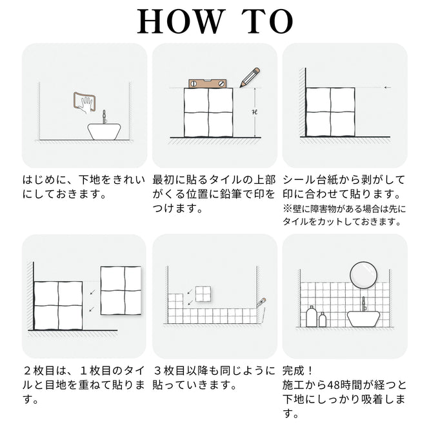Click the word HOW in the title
pyautogui.click(x=180, y=21)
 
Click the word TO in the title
pyautogui.click(x=267, y=21)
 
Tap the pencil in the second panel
pyautogui.click(x=250, y=77)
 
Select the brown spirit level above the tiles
pyautogui.click(x=208, y=83)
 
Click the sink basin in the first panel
pyautogui.click(x=104, y=132)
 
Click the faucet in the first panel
pyautogui.click(x=104, y=117)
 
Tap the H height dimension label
pyautogui.click(x=255, y=112)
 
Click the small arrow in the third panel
pyautogui.click(x=388, y=88)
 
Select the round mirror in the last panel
pyautogui.click(x=363, y=275)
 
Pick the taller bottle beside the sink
pyautogui.click(x=311, y=316)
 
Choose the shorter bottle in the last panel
pyautogui.click(x=323, y=319)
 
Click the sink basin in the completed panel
pyautogui.click(x=363, y=319)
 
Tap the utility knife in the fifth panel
pyautogui.click(x=261, y=302)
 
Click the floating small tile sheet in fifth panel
pyautogui.click(x=203, y=294)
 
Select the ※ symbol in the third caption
pyautogui.click(x=287, y=209)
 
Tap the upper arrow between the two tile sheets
pyautogui.click(x=93, y=292)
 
